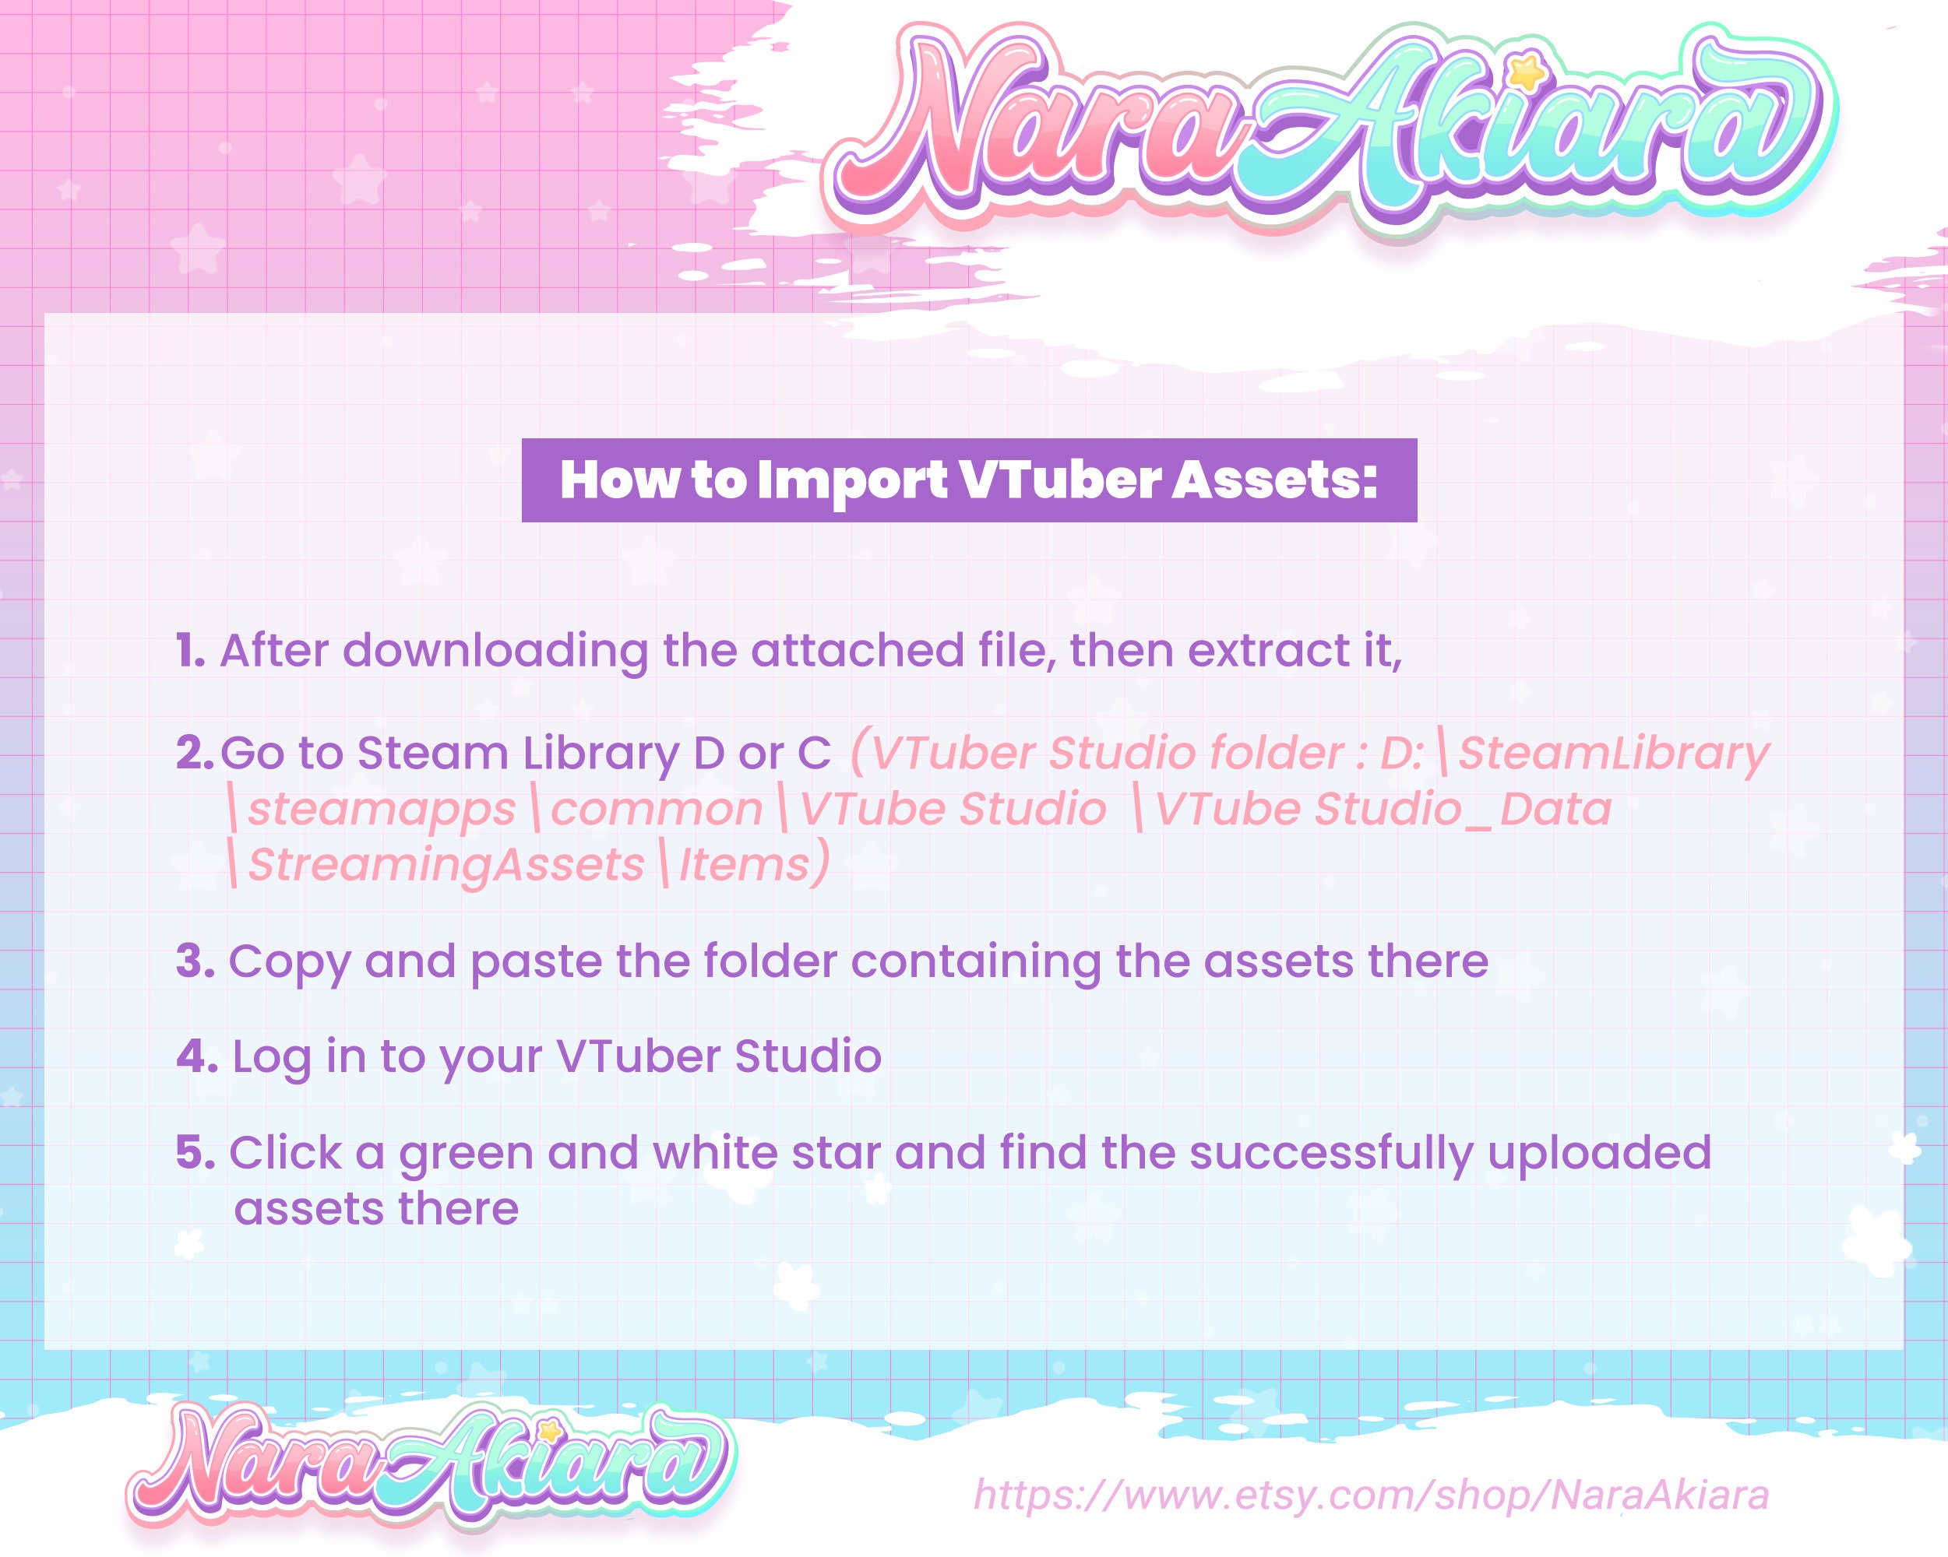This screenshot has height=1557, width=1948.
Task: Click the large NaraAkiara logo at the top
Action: tap(1328, 126)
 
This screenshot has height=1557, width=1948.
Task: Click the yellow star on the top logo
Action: tap(1526, 72)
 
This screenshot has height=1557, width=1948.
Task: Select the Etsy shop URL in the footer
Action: tap(1371, 1495)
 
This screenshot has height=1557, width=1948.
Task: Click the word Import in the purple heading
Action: tap(852, 480)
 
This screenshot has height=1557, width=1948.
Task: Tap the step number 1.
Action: tap(190, 650)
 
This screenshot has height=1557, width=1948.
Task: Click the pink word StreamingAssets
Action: tap(446, 865)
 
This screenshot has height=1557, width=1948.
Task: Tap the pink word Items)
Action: tap(752, 864)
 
